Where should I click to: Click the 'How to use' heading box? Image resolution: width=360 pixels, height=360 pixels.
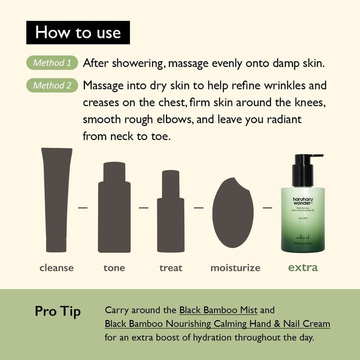pyautogui.click(x=77, y=32)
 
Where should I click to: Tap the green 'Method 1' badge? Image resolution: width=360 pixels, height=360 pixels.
pyautogui.click(x=52, y=63)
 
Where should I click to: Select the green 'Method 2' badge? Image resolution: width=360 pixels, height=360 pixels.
pyautogui.click(x=52, y=85)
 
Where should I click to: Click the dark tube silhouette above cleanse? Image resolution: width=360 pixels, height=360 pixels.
pyautogui.click(x=56, y=199)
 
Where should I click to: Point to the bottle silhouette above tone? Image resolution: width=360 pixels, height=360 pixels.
pyautogui.click(x=114, y=207)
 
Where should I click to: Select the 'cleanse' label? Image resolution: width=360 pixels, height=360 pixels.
pyautogui.click(x=56, y=268)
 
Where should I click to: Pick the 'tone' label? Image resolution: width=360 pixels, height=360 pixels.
pyautogui.click(x=114, y=268)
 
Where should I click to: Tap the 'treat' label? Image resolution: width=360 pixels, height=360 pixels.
pyautogui.click(x=170, y=268)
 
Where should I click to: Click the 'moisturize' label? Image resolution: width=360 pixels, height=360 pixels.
pyautogui.click(x=235, y=268)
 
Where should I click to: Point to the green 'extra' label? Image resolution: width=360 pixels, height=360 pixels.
pyautogui.click(x=302, y=267)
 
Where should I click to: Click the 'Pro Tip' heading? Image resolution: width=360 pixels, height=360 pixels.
pyautogui.click(x=58, y=311)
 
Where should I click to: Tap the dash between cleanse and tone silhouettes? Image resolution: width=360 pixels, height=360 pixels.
pyautogui.click(x=83, y=206)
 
